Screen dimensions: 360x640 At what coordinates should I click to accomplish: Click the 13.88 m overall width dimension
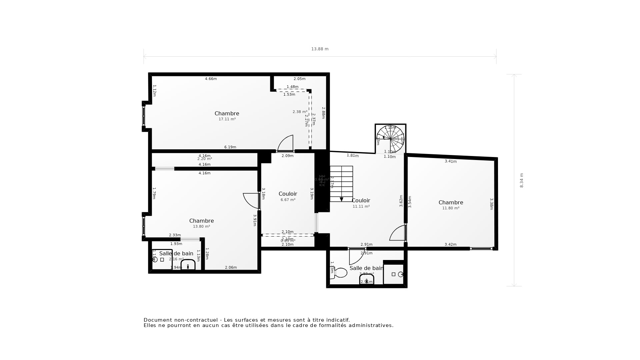coord(320,49)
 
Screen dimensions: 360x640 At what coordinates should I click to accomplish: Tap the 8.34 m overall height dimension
coord(522,180)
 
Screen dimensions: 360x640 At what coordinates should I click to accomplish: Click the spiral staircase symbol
coord(390,138)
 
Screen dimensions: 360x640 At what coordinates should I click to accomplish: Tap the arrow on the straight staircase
coord(341,199)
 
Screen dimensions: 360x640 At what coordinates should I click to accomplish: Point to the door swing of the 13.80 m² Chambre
coord(251,201)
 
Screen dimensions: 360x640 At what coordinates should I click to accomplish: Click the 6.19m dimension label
coord(230,147)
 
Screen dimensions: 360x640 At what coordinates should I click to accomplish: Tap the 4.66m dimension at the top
coord(211,79)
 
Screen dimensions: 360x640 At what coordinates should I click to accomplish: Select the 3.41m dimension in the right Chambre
coord(451,161)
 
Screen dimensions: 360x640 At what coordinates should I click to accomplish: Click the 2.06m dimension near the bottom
coord(231,267)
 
